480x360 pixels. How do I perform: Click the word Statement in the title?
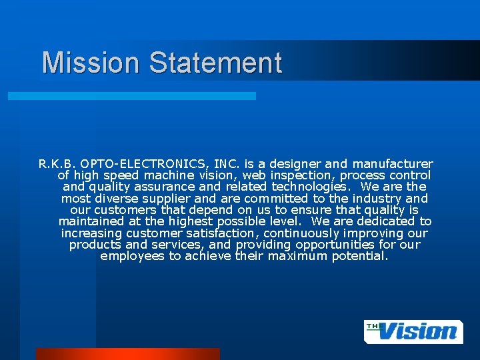pos(215,63)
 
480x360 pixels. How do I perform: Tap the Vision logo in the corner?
pos(413,331)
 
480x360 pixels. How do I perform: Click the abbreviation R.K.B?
pos(58,164)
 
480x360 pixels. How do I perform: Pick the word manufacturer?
pos(393,164)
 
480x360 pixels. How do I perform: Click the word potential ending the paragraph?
pos(359,256)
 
